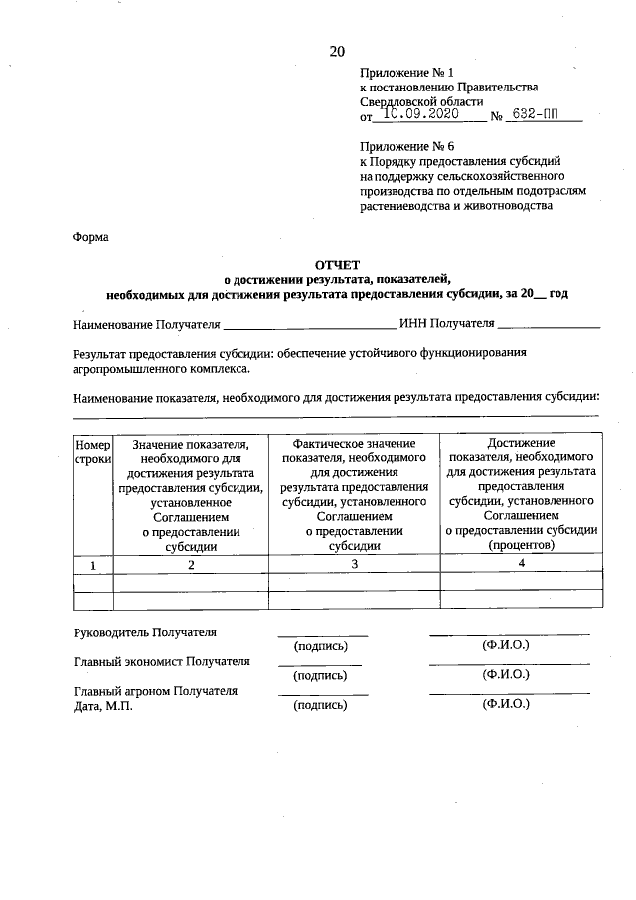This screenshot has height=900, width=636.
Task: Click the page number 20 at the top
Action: pos(337,52)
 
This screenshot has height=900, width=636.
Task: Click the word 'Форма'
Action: pos(90,237)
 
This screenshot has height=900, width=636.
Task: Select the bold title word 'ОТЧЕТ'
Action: pos(336,266)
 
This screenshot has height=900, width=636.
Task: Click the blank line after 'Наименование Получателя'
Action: pos(308,325)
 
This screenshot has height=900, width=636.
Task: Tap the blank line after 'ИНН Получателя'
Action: pos(549,325)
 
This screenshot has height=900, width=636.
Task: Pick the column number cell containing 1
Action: pos(93,564)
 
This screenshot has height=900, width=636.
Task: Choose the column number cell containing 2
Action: pos(191,564)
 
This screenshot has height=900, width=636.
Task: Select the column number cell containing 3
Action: pos(355,564)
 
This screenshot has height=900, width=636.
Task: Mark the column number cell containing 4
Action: pos(521,563)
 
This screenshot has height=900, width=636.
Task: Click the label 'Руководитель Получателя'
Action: pos(145,632)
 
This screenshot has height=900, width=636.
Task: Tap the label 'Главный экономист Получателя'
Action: pos(162,661)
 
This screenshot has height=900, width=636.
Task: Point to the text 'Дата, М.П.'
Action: pos(102,705)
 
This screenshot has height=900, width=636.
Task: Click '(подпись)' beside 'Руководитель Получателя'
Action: pos(320,646)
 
